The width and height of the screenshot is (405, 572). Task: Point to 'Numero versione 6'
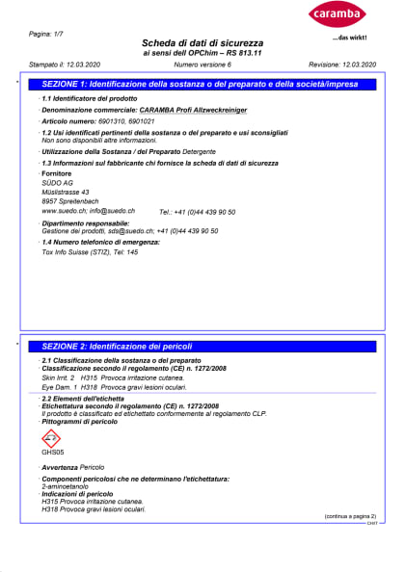click(203, 64)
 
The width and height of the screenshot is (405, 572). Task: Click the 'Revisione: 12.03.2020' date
click(342, 64)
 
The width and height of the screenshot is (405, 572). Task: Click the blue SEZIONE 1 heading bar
click(202, 86)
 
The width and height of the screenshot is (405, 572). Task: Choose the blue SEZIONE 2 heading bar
click(202, 345)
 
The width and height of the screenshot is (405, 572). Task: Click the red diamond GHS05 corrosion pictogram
click(53, 437)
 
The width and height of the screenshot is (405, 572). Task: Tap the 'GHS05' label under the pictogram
click(53, 453)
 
